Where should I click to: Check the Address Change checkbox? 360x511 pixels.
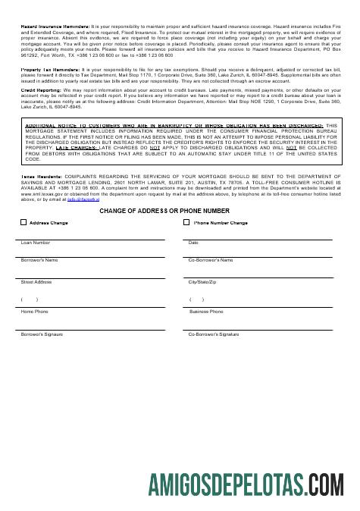(23, 223)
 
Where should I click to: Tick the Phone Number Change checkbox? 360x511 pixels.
(187, 223)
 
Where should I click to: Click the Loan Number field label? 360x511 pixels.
(36, 243)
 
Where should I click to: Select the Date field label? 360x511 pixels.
(193, 243)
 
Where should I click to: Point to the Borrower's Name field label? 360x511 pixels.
(39, 260)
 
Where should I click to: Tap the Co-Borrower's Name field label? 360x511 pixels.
(211, 260)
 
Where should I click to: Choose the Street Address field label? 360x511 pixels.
(36, 282)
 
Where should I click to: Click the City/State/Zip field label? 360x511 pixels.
(202, 282)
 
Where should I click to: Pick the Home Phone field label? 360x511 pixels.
(34, 312)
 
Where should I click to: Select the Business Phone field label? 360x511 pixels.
(206, 312)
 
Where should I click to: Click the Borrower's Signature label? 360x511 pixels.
(42, 334)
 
